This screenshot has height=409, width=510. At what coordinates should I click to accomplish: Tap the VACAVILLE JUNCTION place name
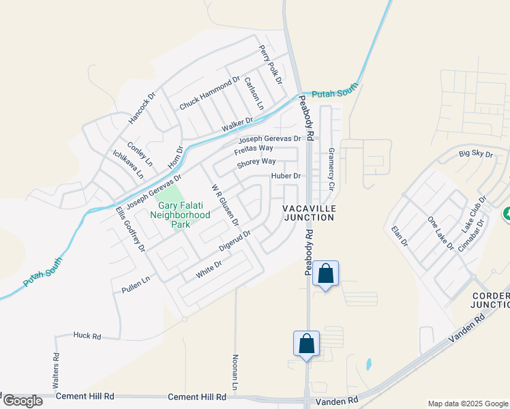tap(309, 213)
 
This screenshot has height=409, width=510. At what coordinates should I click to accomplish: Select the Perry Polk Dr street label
tap(270, 65)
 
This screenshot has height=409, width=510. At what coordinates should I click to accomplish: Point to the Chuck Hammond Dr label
tap(210, 93)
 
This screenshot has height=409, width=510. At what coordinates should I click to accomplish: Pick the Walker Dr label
tap(237, 125)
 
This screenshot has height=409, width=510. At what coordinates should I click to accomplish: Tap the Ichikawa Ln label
tap(128, 164)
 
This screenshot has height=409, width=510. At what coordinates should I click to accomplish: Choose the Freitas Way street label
tap(254, 149)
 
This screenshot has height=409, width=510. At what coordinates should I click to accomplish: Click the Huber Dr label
tap(286, 175)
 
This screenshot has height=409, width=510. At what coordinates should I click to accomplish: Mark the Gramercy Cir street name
tap(331, 168)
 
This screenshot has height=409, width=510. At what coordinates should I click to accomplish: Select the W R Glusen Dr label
tap(224, 204)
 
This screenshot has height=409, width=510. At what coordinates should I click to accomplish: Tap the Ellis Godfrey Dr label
tap(130, 229)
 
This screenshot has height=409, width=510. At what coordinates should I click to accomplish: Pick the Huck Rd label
tap(87, 336)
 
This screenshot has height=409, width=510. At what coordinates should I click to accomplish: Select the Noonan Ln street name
tap(235, 372)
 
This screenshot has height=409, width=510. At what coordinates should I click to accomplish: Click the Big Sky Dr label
tap(476, 154)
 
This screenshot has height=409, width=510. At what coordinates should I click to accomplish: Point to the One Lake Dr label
tap(440, 233)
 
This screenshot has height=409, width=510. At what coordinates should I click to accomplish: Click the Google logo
tap(22, 401)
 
